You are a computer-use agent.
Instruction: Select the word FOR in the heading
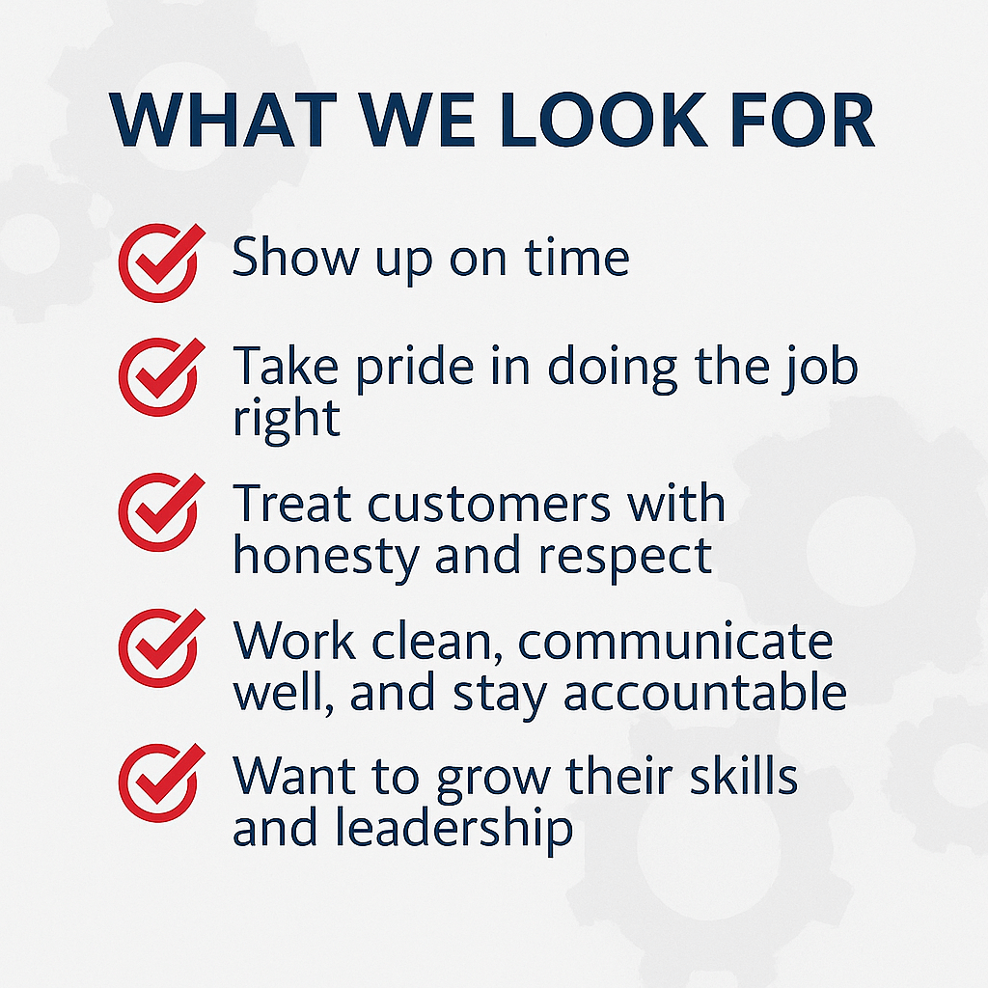click(x=803, y=122)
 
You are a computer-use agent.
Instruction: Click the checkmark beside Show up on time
click(x=158, y=259)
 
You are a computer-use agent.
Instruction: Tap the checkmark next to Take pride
click(x=158, y=372)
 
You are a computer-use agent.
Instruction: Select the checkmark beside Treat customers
click(x=158, y=508)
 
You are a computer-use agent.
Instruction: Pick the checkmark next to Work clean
click(x=158, y=644)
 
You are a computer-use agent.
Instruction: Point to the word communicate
click(x=675, y=642)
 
